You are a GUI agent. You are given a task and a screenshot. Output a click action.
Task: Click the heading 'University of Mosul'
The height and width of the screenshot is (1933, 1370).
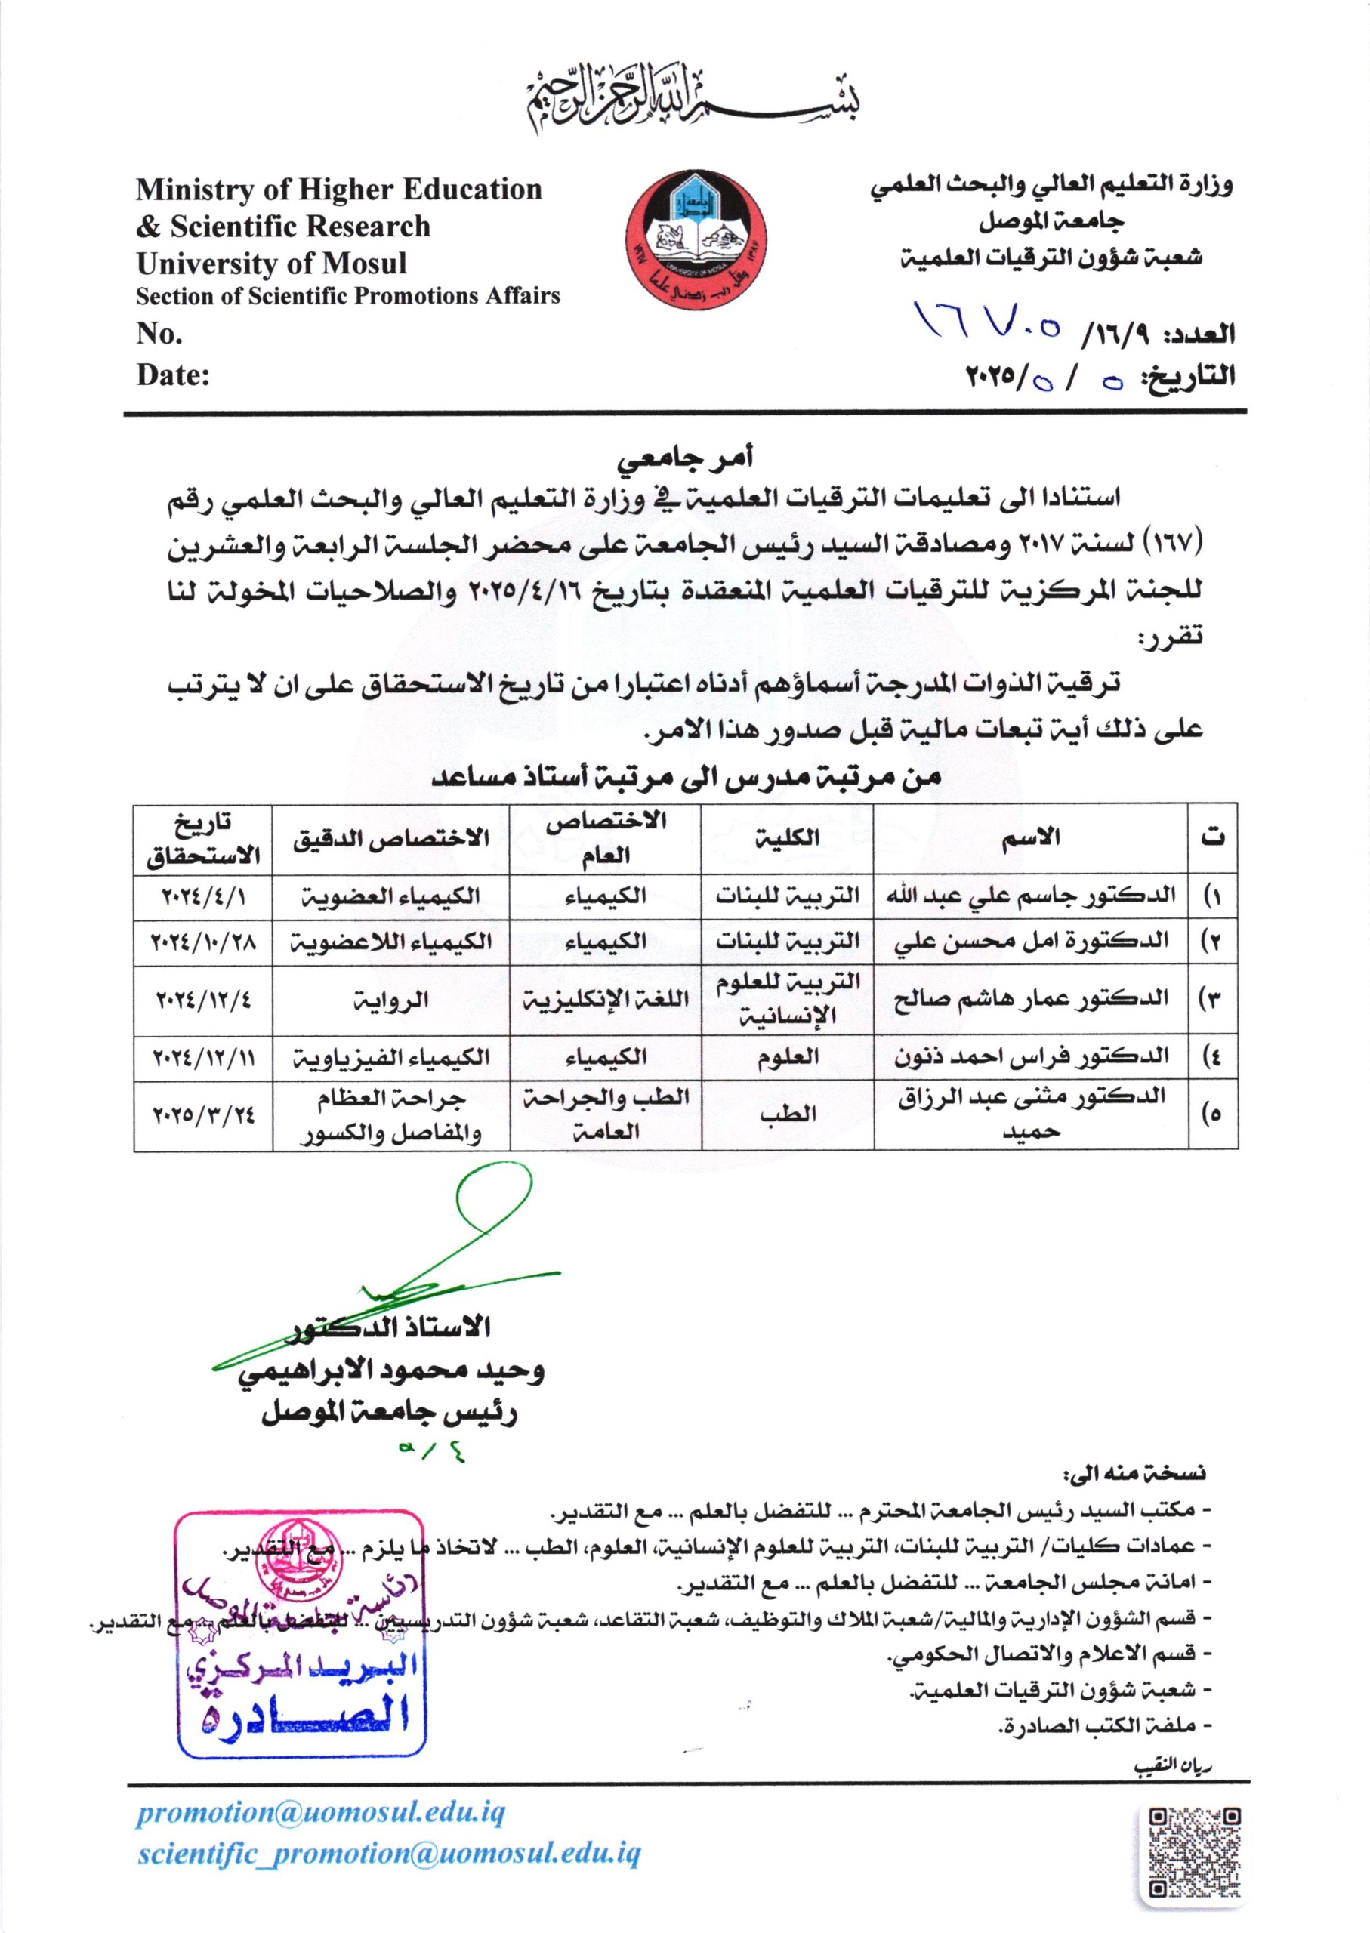point(271,264)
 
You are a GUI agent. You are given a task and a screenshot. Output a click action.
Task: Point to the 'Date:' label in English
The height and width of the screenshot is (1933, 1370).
point(173,375)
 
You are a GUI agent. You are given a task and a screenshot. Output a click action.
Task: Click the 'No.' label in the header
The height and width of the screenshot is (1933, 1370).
point(159,334)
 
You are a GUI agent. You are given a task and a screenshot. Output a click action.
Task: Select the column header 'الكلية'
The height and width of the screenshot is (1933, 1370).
point(788,837)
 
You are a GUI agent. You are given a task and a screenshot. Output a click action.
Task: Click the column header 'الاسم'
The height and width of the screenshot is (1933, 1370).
point(1031,837)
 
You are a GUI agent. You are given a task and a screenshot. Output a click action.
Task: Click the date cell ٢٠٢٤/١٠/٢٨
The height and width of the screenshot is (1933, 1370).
point(202,941)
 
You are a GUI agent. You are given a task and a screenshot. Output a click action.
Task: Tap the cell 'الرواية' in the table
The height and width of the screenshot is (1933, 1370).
point(390,1000)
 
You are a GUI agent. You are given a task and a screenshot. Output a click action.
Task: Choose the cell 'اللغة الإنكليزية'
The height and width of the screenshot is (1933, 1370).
point(605,1000)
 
